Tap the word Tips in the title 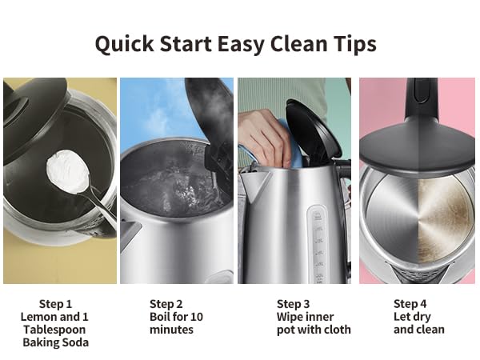pos(353,43)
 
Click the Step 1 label pos(55,304)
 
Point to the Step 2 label pos(166,304)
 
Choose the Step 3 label pos(293,304)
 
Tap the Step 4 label pos(410,304)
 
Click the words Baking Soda pos(55,342)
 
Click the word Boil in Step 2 pos(161,317)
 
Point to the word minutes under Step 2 pos(171,330)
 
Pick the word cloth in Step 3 pos(336,330)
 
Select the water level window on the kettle pos(318,240)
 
